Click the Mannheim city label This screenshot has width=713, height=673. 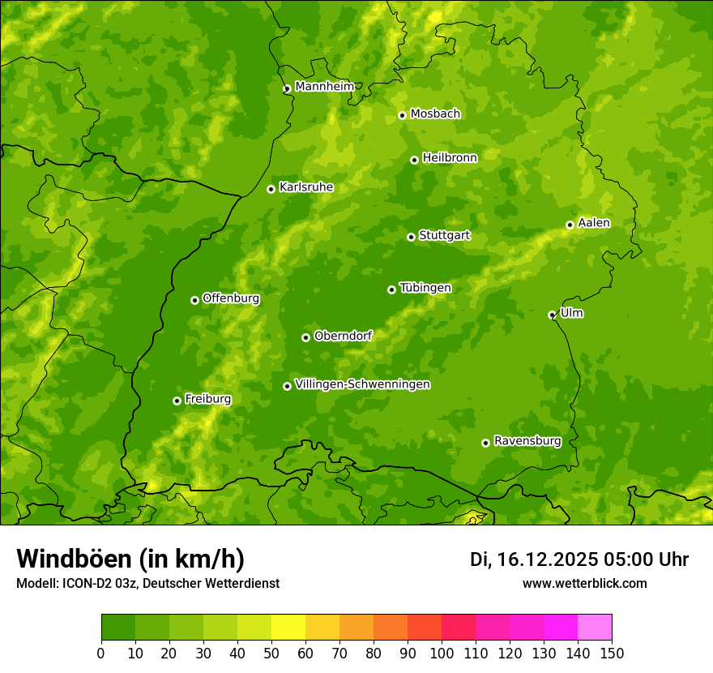click(324, 87)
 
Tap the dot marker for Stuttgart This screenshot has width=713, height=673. click(411, 237)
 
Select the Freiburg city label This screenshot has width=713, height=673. click(207, 399)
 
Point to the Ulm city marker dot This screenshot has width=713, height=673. click(552, 315)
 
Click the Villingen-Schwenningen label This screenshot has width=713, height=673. click(362, 384)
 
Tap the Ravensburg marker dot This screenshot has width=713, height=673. click(485, 443)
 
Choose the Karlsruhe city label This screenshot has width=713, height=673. click(305, 187)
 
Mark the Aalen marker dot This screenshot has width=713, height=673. click(570, 225)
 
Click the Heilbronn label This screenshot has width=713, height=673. click(450, 158)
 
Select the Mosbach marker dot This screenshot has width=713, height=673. click(402, 115)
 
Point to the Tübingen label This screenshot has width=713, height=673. click(425, 288)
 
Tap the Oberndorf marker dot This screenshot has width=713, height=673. click(305, 337)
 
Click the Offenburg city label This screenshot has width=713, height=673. click(231, 298)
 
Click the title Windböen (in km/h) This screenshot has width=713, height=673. click(130, 559)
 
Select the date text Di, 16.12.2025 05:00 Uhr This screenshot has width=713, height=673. click(579, 559)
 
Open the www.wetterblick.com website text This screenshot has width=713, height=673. click(584, 583)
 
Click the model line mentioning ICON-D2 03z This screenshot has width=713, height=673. click(147, 583)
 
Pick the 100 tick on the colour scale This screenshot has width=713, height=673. click(442, 653)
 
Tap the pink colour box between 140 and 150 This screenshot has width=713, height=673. click(595, 628)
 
